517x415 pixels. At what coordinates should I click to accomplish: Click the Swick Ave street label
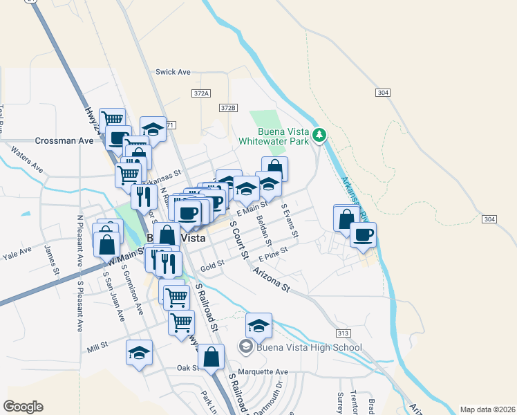click(173, 72)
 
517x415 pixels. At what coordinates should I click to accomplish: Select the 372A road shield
click(201, 93)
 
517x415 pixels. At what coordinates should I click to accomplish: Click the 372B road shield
click(229, 108)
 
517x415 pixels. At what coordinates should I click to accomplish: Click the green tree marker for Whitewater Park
click(319, 135)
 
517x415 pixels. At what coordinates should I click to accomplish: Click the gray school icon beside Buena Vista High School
click(245, 347)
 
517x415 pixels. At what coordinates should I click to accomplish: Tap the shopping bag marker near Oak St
click(211, 358)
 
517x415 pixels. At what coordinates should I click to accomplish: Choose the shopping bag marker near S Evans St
click(274, 169)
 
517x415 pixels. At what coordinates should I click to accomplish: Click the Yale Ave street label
click(19, 255)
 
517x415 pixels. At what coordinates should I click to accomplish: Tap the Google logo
click(23, 407)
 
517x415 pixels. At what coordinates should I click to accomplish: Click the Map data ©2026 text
click(487, 409)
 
